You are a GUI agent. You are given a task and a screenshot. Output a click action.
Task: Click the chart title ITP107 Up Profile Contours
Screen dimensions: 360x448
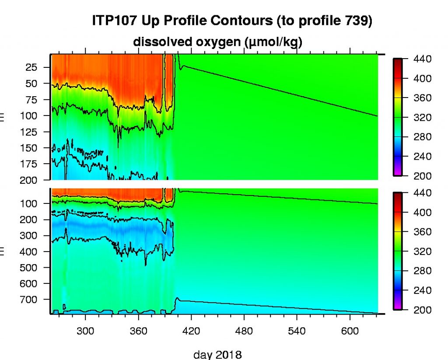coord(232,21)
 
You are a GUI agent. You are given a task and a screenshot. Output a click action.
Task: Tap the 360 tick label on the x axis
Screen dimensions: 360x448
coord(138,330)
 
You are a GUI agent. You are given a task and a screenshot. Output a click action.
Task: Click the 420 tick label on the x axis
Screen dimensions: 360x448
coord(191,330)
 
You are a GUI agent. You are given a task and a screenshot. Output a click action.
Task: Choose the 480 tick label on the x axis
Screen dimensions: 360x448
coord(244,330)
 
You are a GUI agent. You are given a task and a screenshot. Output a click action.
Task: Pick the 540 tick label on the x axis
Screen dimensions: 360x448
coord(297,330)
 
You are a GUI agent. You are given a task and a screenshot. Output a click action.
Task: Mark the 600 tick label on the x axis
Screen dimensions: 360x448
coord(350,330)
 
